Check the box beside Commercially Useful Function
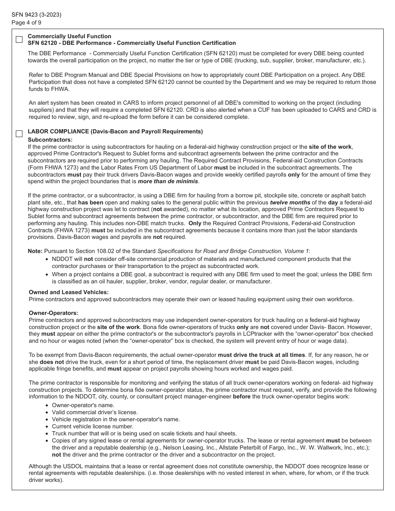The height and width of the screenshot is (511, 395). click(x=19, y=39)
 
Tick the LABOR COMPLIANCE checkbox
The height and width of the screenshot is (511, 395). click(x=19, y=134)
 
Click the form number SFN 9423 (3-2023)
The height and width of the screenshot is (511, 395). click(x=37, y=15)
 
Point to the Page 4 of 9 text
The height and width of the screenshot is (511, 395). click(x=27, y=22)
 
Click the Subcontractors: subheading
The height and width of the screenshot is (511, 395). click(x=50, y=140)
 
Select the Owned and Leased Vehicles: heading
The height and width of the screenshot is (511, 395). click(x=69, y=292)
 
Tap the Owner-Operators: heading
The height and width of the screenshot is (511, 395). click(x=53, y=313)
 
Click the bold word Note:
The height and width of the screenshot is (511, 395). click(x=35, y=251)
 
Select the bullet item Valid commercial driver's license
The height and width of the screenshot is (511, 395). click(x=95, y=412)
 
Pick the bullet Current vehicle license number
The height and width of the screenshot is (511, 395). click(x=93, y=426)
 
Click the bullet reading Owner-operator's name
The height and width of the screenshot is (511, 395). click(x=83, y=405)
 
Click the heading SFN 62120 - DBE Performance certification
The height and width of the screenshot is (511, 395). click(x=131, y=43)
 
